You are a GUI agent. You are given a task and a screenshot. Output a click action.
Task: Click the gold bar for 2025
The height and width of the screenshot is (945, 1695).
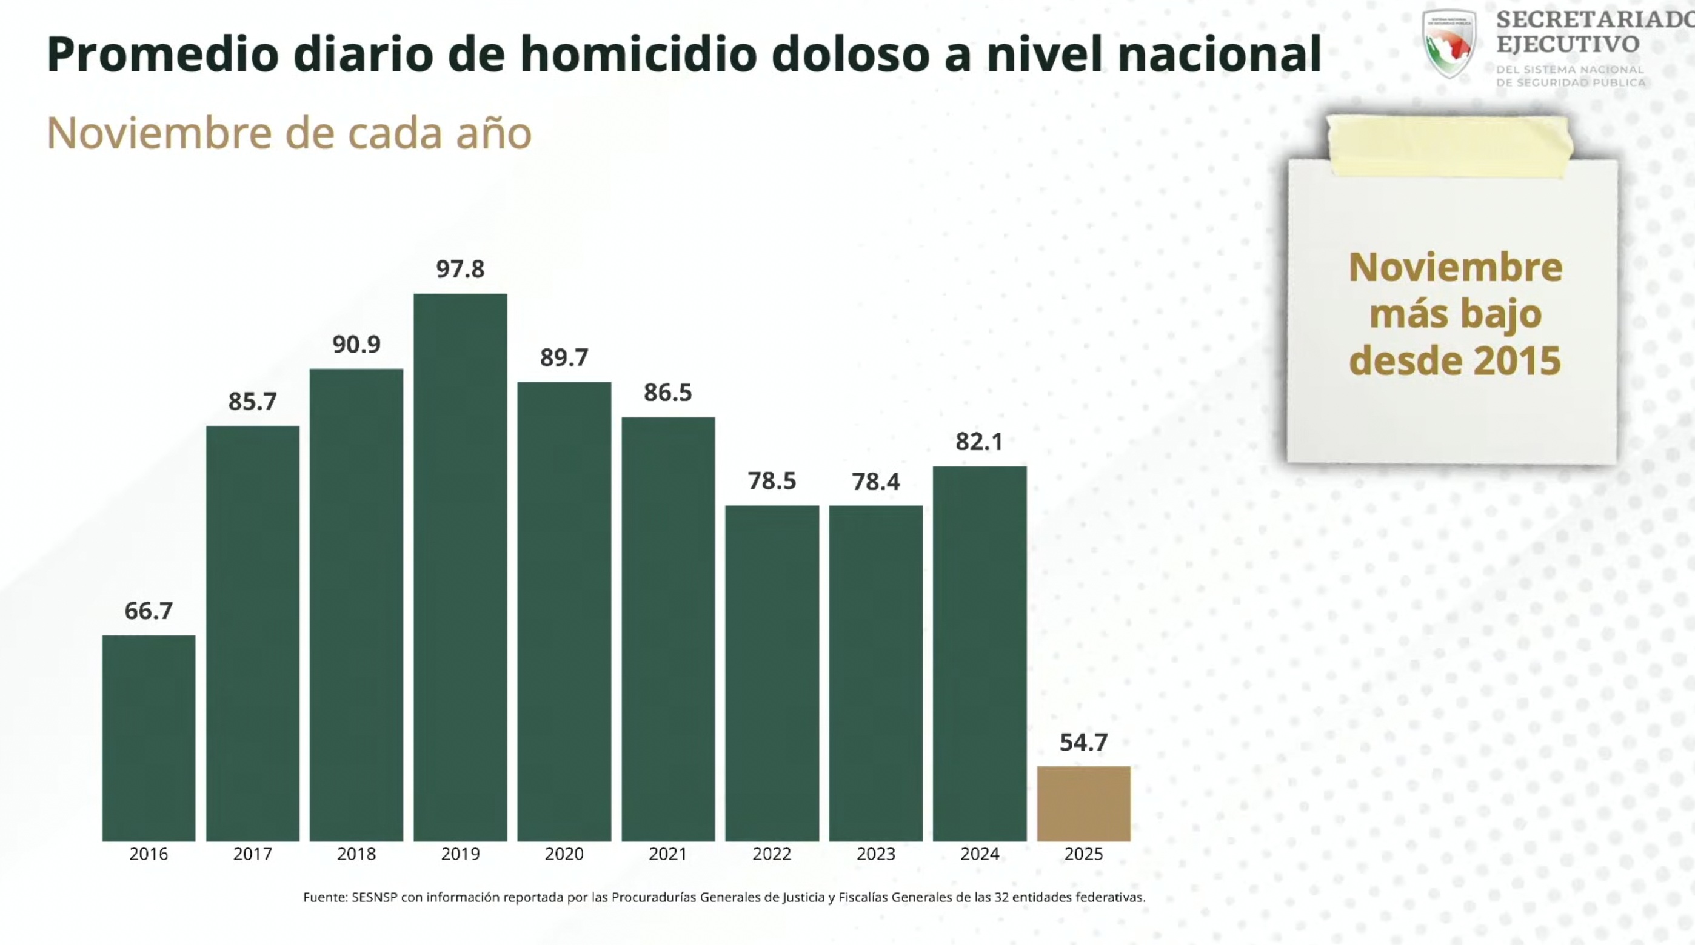pos(1084,803)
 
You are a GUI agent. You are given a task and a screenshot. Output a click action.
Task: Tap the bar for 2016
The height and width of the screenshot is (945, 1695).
pos(149,738)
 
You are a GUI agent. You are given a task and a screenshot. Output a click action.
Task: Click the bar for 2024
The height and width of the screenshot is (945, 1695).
pos(980,654)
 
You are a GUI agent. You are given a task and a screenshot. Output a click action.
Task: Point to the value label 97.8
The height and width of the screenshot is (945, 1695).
pos(460,269)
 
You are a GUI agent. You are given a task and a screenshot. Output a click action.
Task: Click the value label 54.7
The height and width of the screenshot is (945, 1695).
pos(1084,743)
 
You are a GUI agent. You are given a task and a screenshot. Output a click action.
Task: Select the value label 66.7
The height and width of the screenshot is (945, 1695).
pos(149,611)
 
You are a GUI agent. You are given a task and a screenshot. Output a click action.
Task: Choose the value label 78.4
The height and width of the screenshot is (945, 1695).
pos(876,482)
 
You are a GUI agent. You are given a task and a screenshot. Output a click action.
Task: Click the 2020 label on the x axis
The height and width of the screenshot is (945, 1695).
pos(564,854)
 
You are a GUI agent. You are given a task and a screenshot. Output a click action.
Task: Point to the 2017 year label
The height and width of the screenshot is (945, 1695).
pos(253,854)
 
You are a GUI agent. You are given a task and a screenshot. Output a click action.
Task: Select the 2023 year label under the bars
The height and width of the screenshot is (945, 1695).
pos(876,854)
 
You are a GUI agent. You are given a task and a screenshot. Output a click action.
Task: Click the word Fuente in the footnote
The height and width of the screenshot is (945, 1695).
pos(324,897)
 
